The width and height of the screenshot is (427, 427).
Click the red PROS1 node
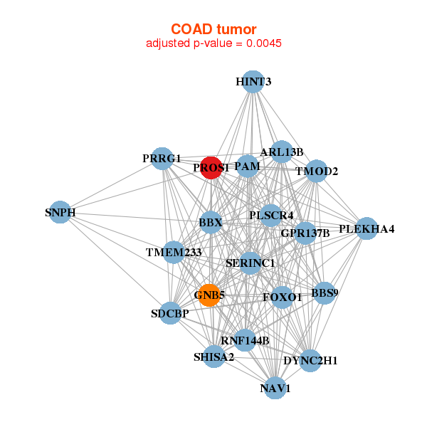click(x=211, y=168)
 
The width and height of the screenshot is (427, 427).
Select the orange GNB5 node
click(x=209, y=295)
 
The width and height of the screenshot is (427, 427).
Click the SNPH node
click(x=60, y=212)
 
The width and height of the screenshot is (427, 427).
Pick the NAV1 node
click(x=276, y=388)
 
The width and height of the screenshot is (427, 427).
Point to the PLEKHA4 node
click(x=366, y=228)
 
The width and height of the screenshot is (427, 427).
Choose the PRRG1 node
click(x=163, y=158)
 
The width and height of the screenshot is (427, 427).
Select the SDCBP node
click(x=170, y=313)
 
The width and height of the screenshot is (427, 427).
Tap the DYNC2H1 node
click(x=310, y=361)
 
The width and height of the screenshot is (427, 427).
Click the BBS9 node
click(x=324, y=292)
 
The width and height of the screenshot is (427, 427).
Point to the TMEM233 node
click(x=174, y=252)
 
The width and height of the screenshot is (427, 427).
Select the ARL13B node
click(x=281, y=152)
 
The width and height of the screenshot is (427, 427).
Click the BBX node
click(x=211, y=223)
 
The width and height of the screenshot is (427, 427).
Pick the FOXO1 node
click(x=283, y=297)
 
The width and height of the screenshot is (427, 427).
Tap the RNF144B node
click(x=245, y=340)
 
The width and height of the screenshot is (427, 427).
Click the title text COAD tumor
click(x=213, y=28)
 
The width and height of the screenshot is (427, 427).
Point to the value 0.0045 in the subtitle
click(x=264, y=43)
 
